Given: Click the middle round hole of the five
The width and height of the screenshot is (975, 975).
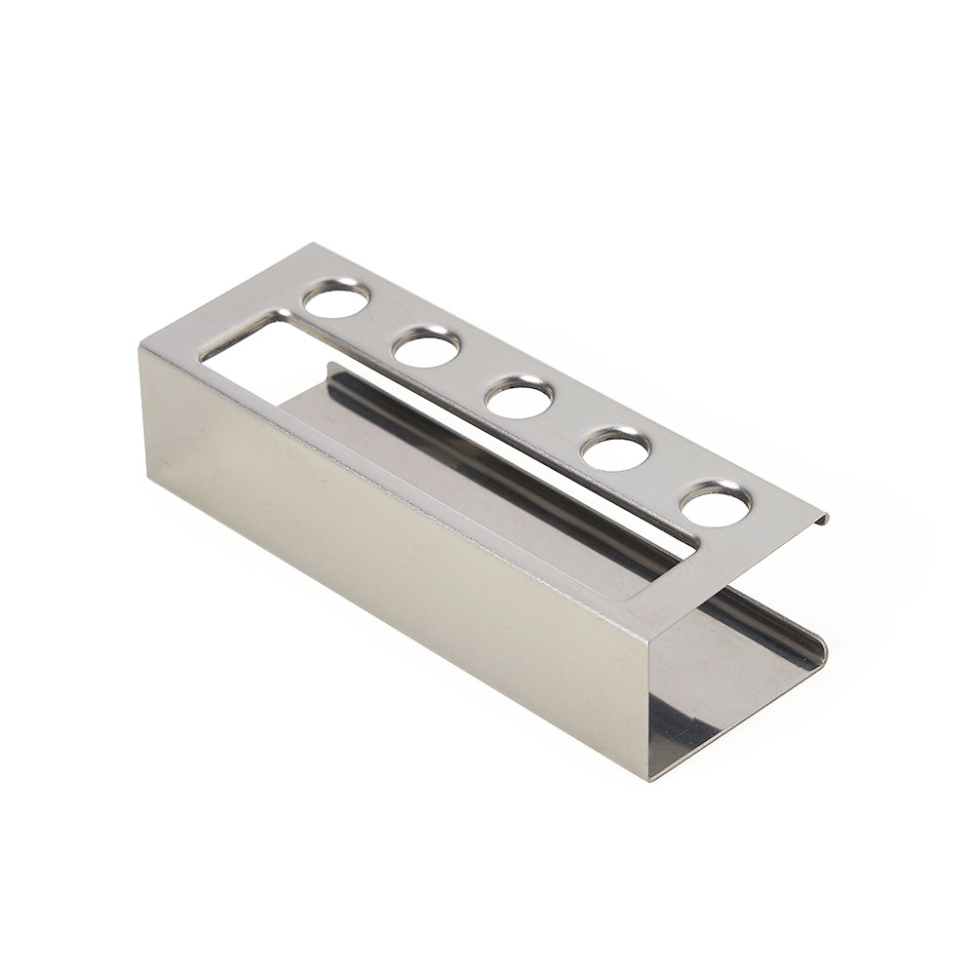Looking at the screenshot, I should tap(519, 398).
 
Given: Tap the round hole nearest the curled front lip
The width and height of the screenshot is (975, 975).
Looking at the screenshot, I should tap(716, 505).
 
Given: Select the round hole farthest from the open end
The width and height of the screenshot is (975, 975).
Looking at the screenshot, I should tap(336, 298).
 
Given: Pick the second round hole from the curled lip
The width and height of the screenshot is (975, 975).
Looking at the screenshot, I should tap(616, 450).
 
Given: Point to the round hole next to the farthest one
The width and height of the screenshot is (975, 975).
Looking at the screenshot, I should tap(426, 347).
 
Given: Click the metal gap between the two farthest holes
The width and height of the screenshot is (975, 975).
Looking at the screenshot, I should tap(381, 323).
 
